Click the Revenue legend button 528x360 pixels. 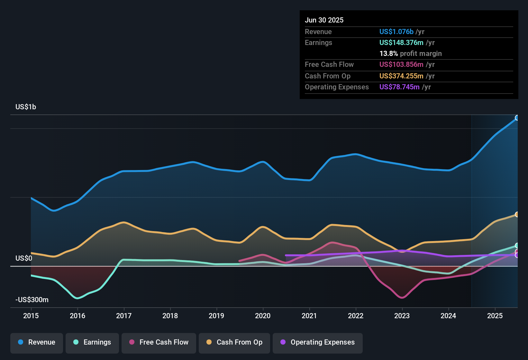[x=37, y=342]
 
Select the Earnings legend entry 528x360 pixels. [x=92, y=342]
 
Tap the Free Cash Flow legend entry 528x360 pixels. [x=159, y=342]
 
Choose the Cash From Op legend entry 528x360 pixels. [x=234, y=342]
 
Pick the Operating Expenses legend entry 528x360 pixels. [x=318, y=342]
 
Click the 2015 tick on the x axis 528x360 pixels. [x=31, y=316]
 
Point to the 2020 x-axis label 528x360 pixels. [x=263, y=316]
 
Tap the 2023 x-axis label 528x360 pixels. [x=402, y=316]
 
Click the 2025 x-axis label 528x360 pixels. [x=495, y=316]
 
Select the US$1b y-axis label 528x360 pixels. [x=26, y=107]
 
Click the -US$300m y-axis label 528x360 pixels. [x=32, y=300]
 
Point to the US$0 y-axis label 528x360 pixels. [x=24, y=258]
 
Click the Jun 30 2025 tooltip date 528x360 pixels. [x=324, y=20]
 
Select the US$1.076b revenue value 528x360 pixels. [x=396, y=32]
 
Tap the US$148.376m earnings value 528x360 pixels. [x=401, y=43]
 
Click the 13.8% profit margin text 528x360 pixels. [x=410, y=54]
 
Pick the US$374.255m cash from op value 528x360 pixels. [x=401, y=76]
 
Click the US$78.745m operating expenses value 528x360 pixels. [x=399, y=87]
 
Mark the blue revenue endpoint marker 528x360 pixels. [x=517, y=118]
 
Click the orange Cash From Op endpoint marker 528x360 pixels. [x=517, y=214]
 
